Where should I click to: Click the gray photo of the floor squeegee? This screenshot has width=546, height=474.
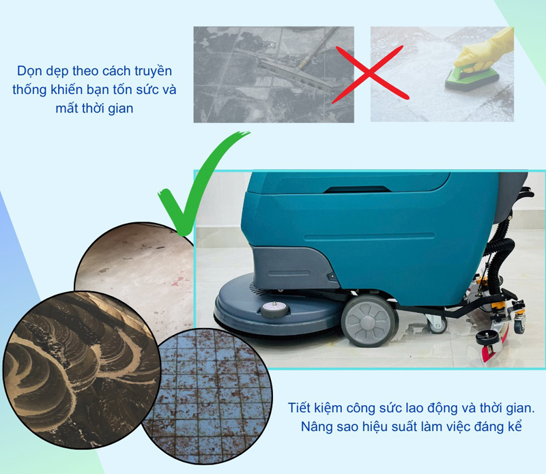[273, 74]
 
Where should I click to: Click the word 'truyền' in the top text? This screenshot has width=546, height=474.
[155, 71]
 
